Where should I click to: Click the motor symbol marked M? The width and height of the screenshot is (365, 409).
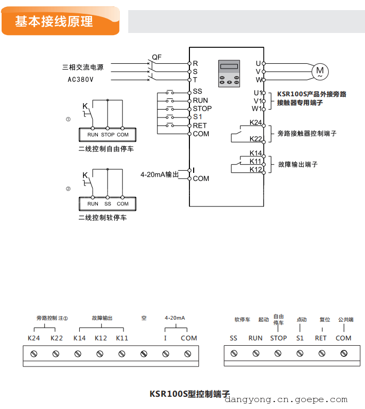point(320,71)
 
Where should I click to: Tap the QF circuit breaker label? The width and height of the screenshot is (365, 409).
point(156,57)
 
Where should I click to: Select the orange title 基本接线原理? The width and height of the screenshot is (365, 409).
point(54,22)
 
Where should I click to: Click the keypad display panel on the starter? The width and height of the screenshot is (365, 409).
point(229,73)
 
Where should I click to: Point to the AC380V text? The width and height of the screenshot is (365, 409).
point(80,79)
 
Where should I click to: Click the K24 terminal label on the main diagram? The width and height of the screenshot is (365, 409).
point(255,122)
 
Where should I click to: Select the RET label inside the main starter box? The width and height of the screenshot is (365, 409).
point(200,126)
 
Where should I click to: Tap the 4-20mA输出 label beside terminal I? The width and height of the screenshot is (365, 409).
point(159,174)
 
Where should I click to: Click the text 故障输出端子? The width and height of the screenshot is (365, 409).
point(297,164)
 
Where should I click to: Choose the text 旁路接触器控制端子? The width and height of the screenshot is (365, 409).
point(307,133)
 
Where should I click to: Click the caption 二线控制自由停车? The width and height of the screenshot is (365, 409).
point(106,149)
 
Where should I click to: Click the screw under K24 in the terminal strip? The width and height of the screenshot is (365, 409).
point(34,354)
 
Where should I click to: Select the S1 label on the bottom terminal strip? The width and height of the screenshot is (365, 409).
point(300,338)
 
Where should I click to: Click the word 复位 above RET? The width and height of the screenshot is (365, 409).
point(325,320)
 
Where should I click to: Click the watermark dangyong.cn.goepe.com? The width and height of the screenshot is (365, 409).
point(286,400)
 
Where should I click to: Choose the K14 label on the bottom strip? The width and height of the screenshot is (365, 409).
point(79,338)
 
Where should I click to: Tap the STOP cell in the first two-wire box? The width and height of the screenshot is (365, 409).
point(107,135)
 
